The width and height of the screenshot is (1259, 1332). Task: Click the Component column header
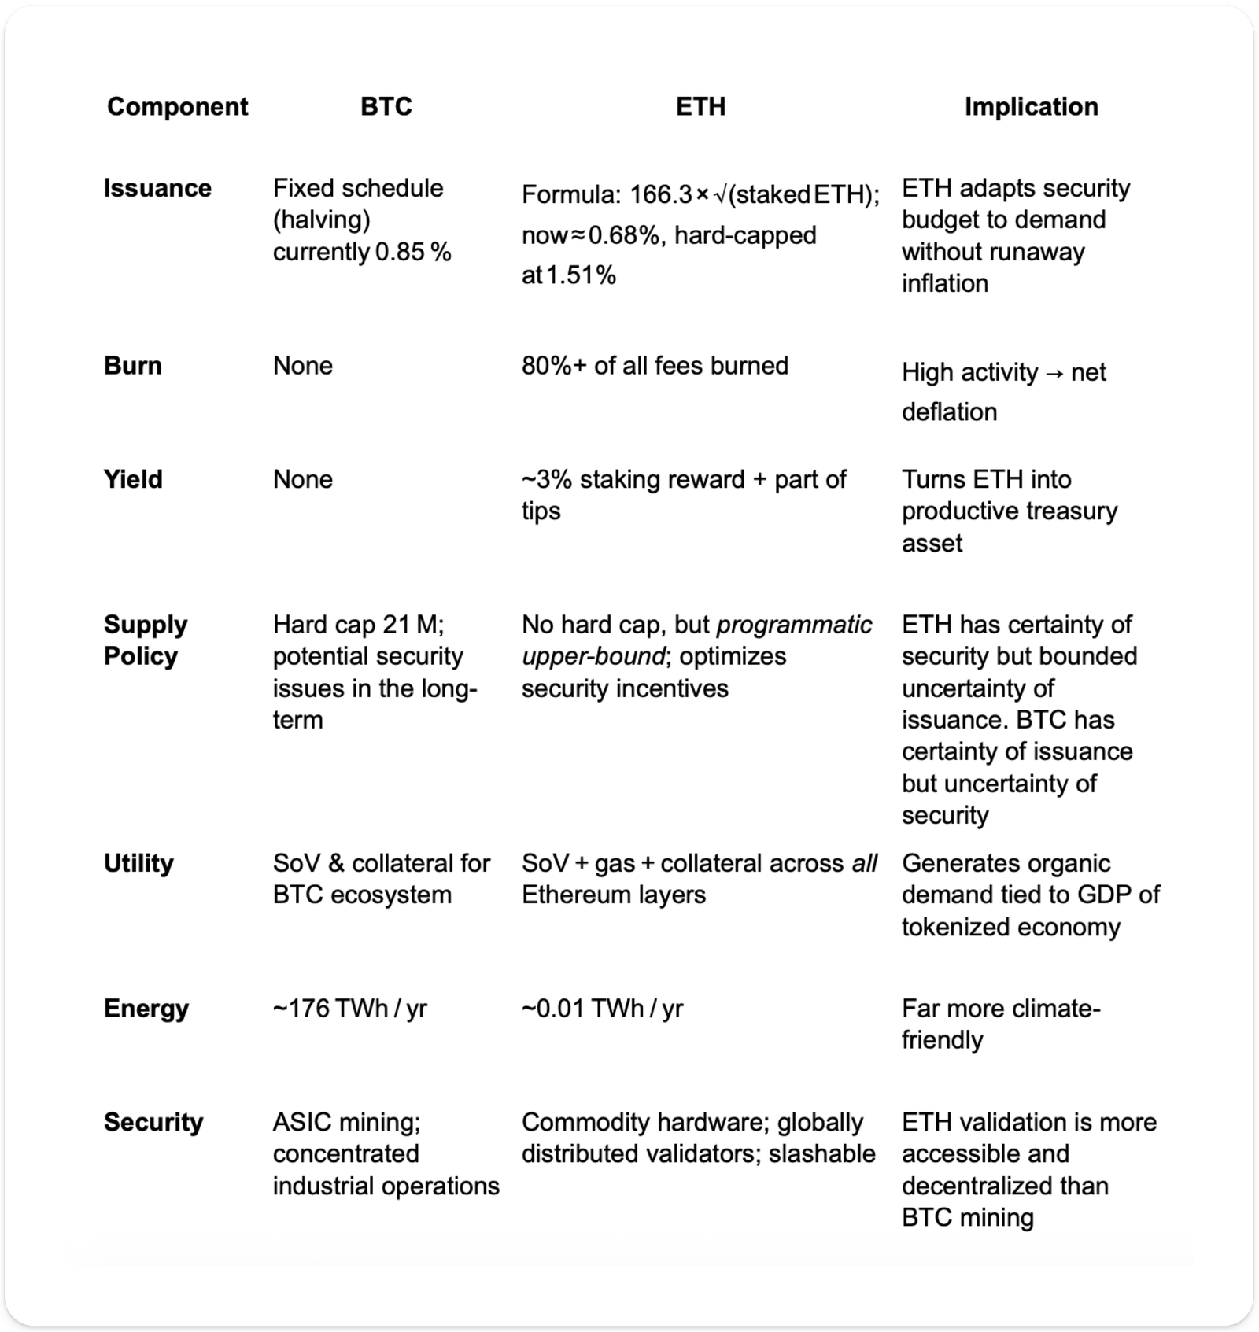pyautogui.click(x=177, y=106)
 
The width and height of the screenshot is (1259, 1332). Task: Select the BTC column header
pyautogui.click(x=386, y=106)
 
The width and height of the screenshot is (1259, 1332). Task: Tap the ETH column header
pyautogui.click(x=700, y=106)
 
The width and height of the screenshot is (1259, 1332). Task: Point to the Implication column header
pyautogui.click(x=1031, y=106)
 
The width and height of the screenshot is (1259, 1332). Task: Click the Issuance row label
pyautogui.click(x=157, y=188)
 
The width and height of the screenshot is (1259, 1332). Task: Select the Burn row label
pyautogui.click(x=132, y=365)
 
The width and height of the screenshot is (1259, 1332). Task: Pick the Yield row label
pyautogui.click(x=133, y=479)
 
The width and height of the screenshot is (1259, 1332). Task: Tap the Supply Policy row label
pyautogui.click(x=146, y=640)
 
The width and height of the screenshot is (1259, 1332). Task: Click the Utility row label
pyautogui.click(x=138, y=863)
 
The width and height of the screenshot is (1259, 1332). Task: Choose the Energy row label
pyautogui.click(x=146, y=1009)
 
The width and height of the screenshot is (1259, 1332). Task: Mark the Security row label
pyautogui.click(x=153, y=1122)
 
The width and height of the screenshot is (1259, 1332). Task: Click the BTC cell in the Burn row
pyautogui.click(x=303, y=365)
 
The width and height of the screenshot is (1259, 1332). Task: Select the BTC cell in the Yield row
pyautogui.click(x=303, y=479)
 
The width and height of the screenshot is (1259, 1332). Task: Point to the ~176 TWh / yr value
pyautogui.click(x=349, y=1009)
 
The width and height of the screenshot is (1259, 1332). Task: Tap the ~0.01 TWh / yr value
pyautogui.click(x=602, y=1009)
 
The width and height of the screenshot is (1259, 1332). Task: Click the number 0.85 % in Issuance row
pyautogui.click(x=413, y=252)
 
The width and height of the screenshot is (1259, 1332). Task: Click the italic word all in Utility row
pyautogui.click(x=864, y=863)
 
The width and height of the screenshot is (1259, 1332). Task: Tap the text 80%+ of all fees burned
pyautogui.click(x=655, y=365)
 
